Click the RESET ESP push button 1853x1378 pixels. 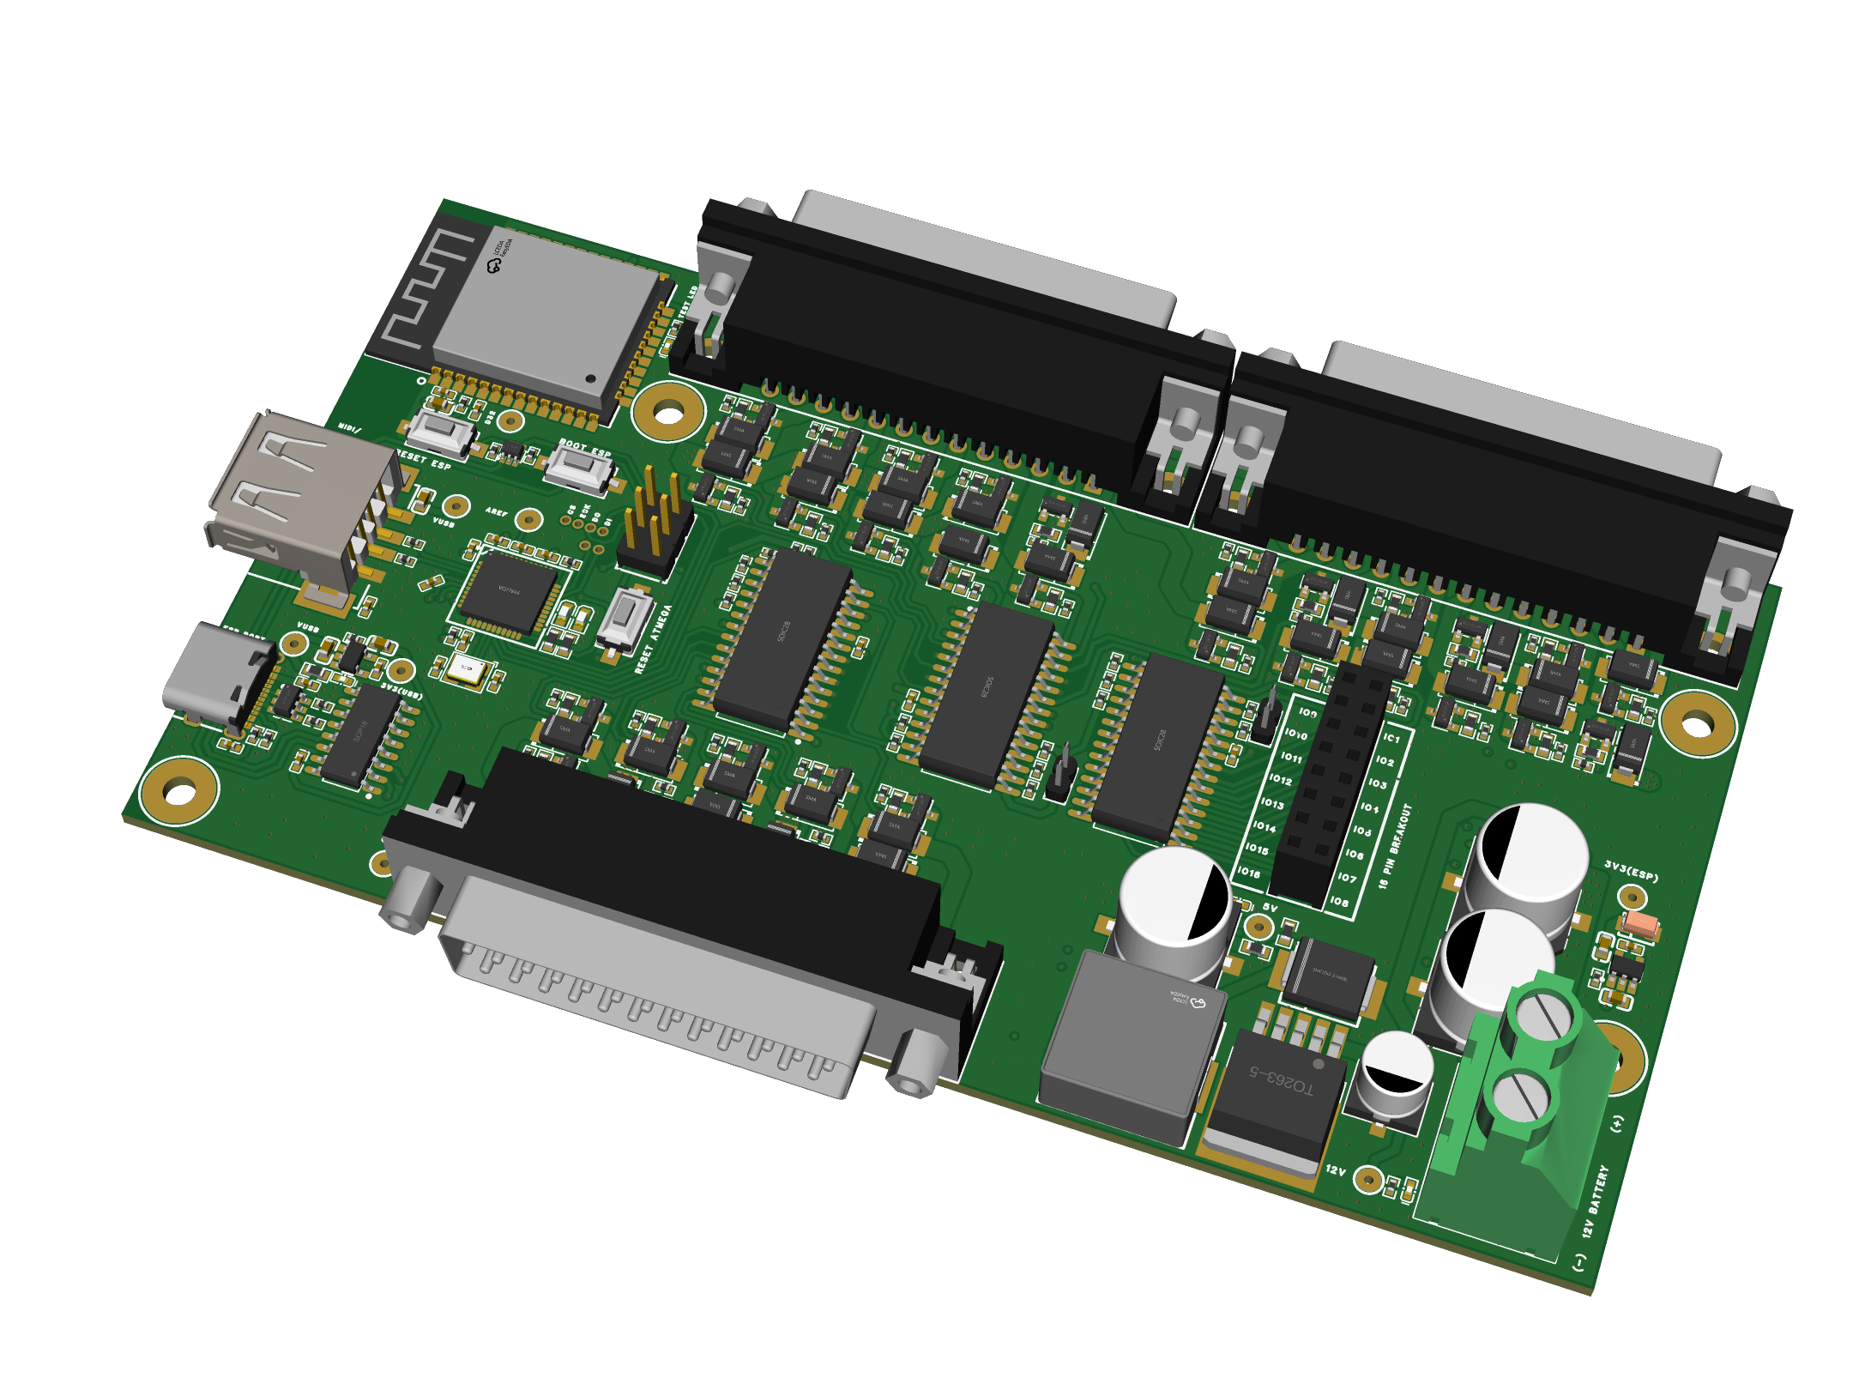coord(442,432)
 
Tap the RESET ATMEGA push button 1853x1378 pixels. coord(625,617)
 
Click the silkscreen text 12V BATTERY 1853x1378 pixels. coord(1596,1201)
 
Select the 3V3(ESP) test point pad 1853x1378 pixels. coord(1632,898)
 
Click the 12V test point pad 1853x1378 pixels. coord(1368,1181)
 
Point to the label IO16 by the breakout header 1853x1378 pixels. coord(1249,873)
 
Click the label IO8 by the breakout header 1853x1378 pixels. coord(1339,902)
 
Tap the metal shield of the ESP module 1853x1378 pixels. coord(549,317)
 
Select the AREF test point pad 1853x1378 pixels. coord(529,519)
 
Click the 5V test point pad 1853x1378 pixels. coord(1258,926)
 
